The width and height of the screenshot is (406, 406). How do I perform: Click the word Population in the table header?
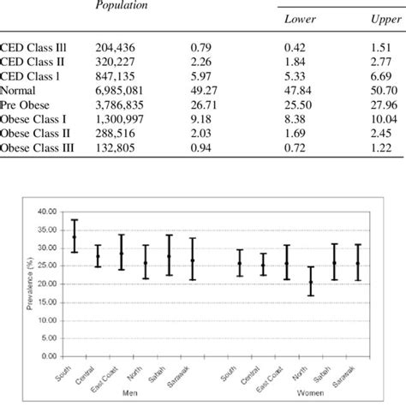pos(119,5)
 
